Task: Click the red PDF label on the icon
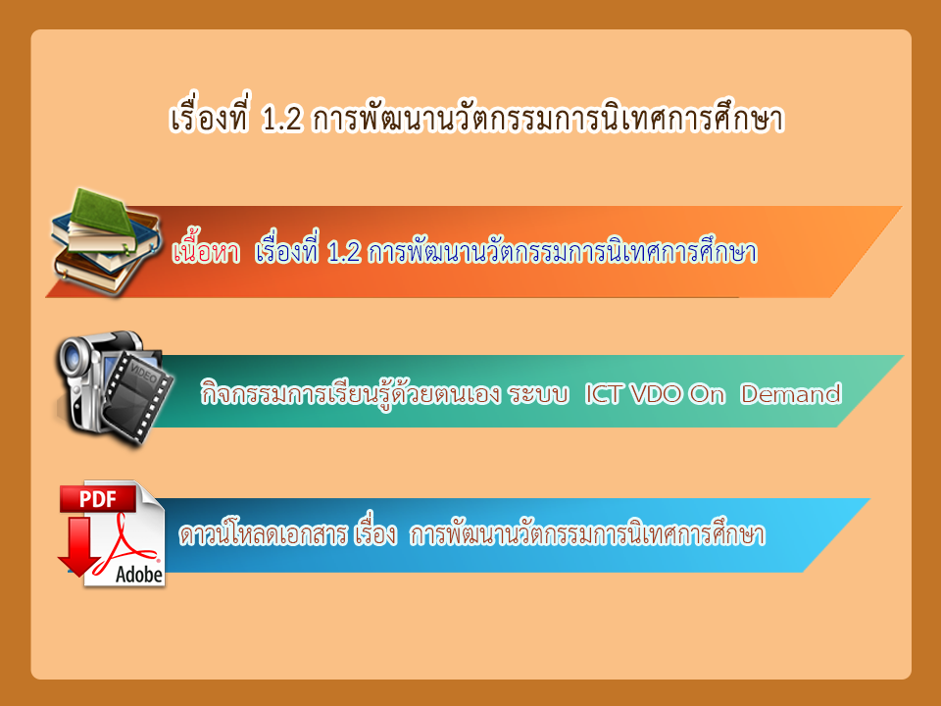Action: pos(98,498)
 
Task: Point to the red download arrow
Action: pos(78,545)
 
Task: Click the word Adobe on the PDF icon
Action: pos(138,575)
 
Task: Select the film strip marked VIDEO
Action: pos(138,396)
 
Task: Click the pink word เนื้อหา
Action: pos(206,250)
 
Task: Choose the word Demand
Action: pos(790,394)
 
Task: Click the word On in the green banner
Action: pos(707,394)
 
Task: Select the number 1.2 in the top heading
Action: pos(281,119)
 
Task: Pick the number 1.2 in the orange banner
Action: pos(344,253)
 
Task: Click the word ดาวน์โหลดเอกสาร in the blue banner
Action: pos(264,533)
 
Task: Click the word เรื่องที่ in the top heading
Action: pos(209,116)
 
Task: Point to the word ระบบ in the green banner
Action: pos(538,394)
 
